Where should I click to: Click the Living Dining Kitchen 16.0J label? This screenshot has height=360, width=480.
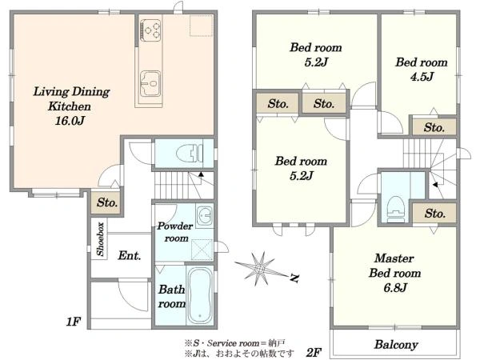(71, 106)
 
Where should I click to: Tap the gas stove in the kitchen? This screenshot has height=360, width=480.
(150, 30)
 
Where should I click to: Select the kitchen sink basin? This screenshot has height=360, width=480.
(150, 83)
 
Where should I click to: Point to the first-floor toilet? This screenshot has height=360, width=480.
(190, 153)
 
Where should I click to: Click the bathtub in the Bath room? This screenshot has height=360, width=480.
(200, 296)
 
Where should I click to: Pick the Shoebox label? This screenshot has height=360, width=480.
(100, 239)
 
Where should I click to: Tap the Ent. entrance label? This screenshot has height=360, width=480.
(130, 255)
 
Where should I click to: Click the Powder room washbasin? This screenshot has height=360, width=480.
(205, 215)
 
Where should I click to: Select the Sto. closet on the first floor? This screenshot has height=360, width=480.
(107, 202)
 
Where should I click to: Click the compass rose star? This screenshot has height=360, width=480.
(259, 270)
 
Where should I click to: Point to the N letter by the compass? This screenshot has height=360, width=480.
(294, 278)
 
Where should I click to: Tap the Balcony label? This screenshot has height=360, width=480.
(396, 345)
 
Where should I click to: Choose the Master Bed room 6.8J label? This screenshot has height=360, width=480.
(395, 273)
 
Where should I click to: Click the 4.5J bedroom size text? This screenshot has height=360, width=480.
(422, 77)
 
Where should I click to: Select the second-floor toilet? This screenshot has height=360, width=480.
(396, 210)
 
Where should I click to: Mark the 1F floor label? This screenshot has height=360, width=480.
(74, 322)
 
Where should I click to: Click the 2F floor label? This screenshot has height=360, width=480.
(314, 353)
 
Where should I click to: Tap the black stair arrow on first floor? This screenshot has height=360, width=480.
(201, 174)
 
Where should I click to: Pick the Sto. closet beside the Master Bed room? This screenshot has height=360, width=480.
(434, 213)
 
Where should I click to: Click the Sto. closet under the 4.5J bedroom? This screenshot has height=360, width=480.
(434, 127)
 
